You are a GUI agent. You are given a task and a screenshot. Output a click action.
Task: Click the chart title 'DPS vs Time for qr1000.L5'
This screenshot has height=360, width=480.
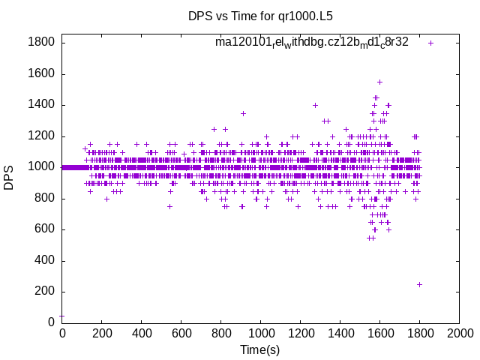point(260,15)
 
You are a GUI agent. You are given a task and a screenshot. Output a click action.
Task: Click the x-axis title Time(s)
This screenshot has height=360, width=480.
point(260,349)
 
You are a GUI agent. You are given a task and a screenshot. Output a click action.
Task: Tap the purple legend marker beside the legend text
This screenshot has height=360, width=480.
point(430,43)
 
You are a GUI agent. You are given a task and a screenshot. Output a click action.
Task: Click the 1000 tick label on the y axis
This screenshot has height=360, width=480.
point(41,167)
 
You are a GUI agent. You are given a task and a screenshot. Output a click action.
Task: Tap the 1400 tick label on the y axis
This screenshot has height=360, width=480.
point(41,105)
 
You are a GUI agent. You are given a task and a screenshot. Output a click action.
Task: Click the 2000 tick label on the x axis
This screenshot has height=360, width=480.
point(459,333)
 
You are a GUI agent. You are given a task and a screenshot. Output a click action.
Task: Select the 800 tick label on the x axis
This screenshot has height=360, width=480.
point(220,333)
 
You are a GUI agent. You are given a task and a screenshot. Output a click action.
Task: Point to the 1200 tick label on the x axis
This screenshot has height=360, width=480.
point(300,333)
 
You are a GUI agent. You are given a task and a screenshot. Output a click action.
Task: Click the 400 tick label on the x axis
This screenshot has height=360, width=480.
point(141,333)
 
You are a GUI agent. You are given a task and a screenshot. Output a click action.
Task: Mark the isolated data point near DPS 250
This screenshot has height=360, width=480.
point(419,284)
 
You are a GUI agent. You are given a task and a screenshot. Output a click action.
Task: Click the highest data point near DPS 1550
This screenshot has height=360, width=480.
point(379,82)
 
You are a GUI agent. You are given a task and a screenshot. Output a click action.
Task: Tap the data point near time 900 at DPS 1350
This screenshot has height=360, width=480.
point(243,113)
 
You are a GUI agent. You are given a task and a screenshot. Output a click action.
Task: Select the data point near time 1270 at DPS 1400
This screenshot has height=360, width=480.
point(315,105)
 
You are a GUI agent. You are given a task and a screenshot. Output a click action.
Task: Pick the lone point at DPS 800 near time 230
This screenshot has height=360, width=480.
point(107,199)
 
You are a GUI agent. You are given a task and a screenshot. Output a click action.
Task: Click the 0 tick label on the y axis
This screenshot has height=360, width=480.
point(52,322)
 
